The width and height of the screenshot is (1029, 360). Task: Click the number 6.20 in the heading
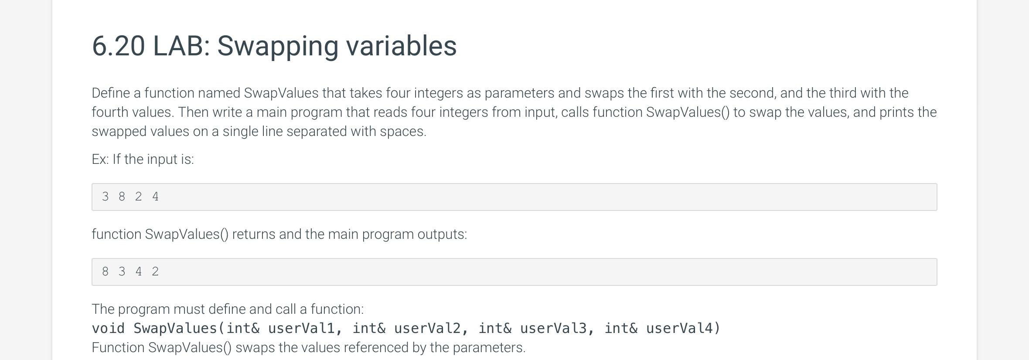(118, 46)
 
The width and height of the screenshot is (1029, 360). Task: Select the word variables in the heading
(402, 46)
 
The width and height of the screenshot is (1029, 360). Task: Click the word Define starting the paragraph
(111, 93)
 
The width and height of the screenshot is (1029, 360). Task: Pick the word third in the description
(844, 93)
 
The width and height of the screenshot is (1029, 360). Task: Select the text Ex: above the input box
(100, 159)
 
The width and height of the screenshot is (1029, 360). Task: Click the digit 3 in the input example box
(105, 197)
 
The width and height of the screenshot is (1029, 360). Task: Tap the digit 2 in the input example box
(139, 197)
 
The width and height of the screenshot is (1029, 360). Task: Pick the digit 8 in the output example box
(105, 272)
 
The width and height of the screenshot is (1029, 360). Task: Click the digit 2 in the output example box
(155, 272)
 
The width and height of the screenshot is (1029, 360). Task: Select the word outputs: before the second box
(442, 234)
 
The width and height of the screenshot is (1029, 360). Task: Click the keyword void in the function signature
(109, 328)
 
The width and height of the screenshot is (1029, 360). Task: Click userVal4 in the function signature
(679, 328)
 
